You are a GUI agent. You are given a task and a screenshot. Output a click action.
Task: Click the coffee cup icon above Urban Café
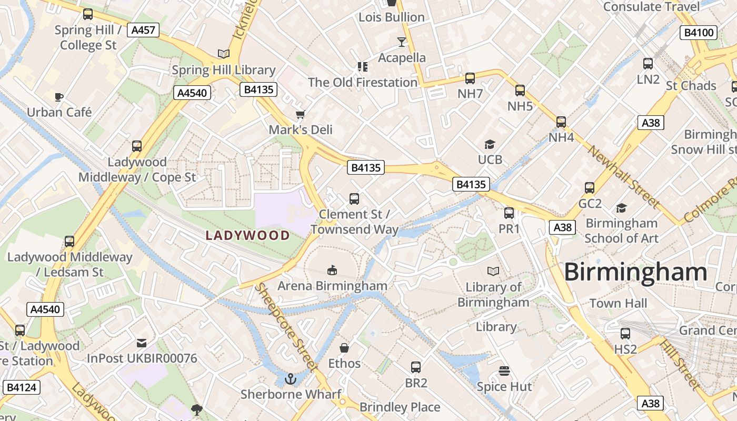[x=59, y=97]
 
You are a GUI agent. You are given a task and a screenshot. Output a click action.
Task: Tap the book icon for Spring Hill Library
[x=224, y=54]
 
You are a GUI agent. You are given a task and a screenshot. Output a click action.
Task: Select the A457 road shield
[x=143, y=30]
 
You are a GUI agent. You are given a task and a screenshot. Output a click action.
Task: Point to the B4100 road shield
[x=700, y=33]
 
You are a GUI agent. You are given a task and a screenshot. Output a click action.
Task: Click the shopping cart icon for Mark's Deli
[x=300, y=114]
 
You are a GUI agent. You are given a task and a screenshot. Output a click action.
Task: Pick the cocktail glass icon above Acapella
[x=402, y=42]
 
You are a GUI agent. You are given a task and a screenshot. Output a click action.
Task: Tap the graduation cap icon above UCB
[x=490, y=144]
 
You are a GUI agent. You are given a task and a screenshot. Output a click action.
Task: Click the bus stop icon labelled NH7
[x=470, y=78]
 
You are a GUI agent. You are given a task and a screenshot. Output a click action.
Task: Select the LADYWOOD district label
[x=248, y=235]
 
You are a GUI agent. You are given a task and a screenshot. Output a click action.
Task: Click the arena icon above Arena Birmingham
[x=332, y=270]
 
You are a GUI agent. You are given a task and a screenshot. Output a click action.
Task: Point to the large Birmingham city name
[x=636, y=272]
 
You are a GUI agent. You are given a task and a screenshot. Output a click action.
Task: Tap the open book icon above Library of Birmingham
[x=493, y=271]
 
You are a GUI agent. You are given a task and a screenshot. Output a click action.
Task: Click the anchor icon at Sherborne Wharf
[x=290, y=378]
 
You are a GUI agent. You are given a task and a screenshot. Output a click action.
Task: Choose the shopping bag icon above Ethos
[x=344, y=348]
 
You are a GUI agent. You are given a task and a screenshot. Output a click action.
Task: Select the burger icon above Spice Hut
[x=504, y=371]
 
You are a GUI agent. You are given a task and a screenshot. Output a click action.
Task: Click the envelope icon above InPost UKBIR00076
[x=142, y=343]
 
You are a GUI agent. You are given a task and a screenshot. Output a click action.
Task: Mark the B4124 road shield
[x=21, y=388]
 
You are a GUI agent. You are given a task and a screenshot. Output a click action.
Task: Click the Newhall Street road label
[x=623, y=177]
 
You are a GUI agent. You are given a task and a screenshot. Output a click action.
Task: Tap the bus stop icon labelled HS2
[x=625, y=334]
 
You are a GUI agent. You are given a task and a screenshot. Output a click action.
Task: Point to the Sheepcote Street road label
[x=286, y=327]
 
